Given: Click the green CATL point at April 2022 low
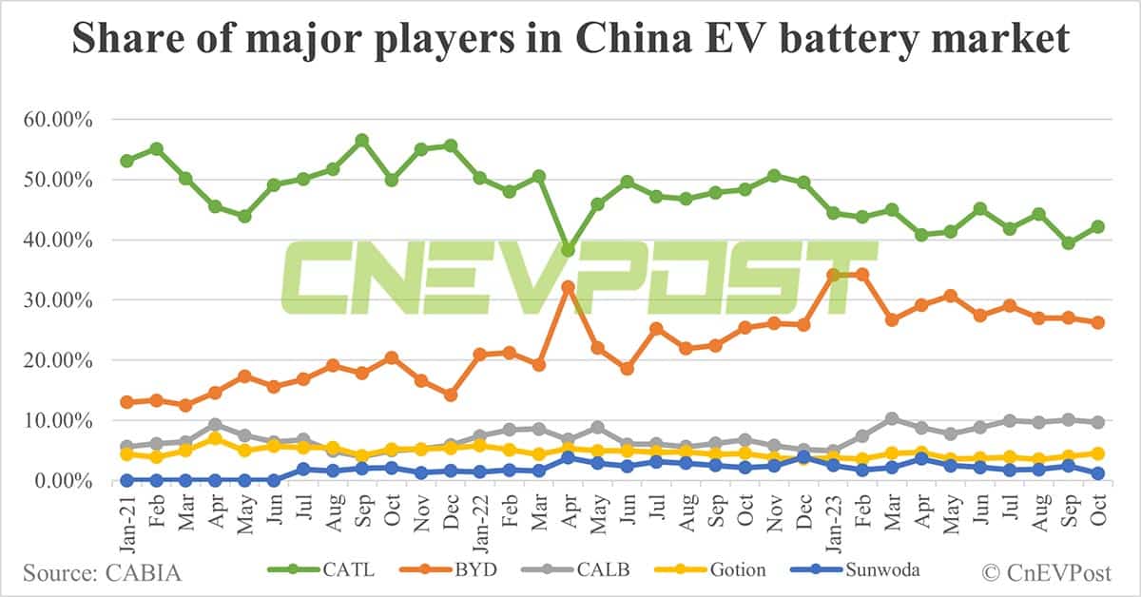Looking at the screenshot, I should (569, 250).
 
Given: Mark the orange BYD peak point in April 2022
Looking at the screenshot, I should (569, 286).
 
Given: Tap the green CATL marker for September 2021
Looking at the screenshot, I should (362, 141).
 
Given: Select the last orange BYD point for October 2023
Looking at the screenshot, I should (1098, 322).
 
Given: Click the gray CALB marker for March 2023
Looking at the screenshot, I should (892, 419).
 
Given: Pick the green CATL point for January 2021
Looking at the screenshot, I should (126, 161).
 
